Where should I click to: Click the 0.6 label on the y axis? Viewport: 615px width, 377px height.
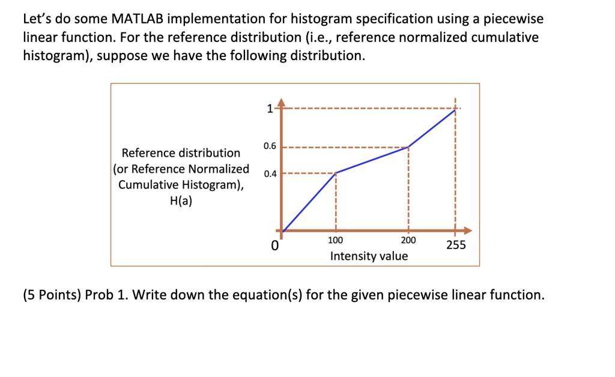pos(270,146)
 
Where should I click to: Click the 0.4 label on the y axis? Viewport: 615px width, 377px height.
pos(270,173)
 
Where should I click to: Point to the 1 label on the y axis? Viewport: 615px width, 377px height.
pos(270,109)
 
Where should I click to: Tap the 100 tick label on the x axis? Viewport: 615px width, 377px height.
pos(335,240)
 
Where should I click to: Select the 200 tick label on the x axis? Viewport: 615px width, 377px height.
pos(408,240)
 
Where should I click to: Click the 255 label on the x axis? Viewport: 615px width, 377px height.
pos(456,245)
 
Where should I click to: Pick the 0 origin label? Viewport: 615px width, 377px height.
pos(275,246)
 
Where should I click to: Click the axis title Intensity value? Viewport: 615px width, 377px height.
pos(369,256)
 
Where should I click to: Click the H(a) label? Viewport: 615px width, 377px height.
pos(181,201)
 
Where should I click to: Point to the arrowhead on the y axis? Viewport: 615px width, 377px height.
pos(281,102)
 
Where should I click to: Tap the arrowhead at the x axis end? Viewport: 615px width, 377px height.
pos(467,231)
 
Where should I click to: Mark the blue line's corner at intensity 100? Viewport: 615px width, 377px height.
pos(336,173)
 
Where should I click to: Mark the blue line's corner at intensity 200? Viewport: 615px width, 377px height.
pos(408,147)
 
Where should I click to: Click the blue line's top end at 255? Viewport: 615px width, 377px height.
pos(455,110)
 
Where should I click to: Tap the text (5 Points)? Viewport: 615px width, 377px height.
pos(52,295)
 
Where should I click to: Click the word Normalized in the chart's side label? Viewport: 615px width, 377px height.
pos(219,169)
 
